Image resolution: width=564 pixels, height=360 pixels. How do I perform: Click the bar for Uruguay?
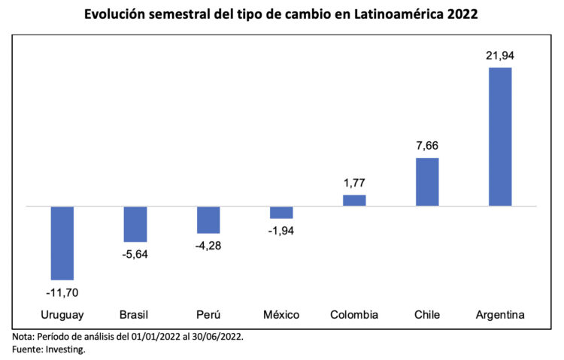tap(62, 243)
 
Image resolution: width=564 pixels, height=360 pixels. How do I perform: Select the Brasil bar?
tap(135, 224)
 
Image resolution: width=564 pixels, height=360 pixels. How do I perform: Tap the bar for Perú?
tap(208, 219)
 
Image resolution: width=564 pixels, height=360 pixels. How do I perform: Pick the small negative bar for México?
tap(281, 212)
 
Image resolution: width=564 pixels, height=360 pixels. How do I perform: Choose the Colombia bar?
tap(354, 201)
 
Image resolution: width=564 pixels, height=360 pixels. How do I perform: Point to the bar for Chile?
tap(427, 182)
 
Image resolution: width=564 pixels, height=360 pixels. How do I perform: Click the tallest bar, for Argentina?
tap(500, 137)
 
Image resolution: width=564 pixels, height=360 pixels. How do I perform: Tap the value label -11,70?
tap(62, 292)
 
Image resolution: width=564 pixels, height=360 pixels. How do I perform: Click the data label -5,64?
tap(135, 254)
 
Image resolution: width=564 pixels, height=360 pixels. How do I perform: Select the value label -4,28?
tap(208, 246)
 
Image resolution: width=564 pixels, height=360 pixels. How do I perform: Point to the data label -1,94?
tap(281, 231)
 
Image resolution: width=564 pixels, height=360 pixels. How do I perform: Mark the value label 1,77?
tap(354, 183)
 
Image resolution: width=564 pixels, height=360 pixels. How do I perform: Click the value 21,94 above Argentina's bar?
tap(500, 55)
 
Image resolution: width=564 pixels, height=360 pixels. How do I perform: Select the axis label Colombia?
tap(354, 314)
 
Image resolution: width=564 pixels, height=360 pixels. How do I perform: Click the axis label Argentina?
tap(500, 314)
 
